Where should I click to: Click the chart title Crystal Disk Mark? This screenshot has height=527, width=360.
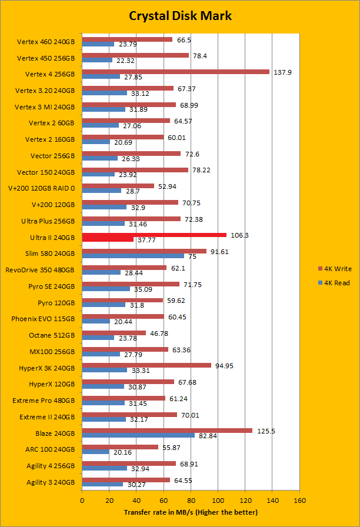[180, 16]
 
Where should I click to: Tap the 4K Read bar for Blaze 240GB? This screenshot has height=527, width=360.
[138, 435]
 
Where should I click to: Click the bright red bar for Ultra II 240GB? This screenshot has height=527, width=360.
[154, 235]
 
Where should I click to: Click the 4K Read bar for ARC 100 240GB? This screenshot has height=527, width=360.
[95, 452]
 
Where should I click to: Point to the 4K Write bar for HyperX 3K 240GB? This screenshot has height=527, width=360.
[146, 365]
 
